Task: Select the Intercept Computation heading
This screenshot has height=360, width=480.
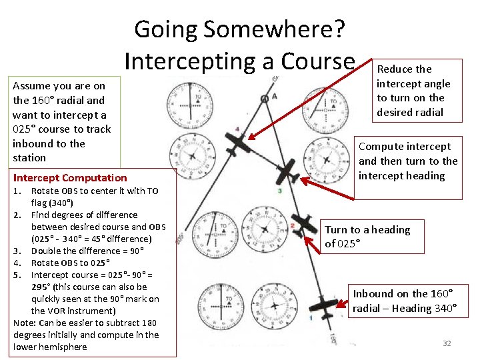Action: click(x=70, y=177)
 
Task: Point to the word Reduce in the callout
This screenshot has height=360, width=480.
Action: click(x=396, y=69)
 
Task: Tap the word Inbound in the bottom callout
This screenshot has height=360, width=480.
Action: click(x=375, y=294)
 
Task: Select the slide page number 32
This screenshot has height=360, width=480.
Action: click(x=447, y=343)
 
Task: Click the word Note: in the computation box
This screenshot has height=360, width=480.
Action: click(x=25, y=323)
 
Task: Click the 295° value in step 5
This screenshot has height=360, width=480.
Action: click(x=42, y=287)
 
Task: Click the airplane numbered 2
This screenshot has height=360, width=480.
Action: click(x=305, y=224)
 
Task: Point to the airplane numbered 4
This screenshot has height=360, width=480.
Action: click(x=237, y=141)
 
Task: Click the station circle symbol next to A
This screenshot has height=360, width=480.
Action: click(x=265, y=99)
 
